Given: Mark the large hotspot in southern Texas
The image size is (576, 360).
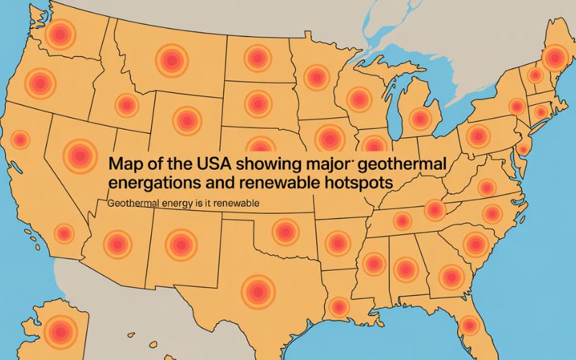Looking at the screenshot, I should pyautogui.click(x=258, y=290).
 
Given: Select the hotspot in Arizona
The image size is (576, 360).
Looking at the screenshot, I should pyautogui.click(x=117, y=244).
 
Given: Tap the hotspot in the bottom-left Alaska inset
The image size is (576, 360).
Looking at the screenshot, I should pyautogui.click(x=56, y=333).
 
